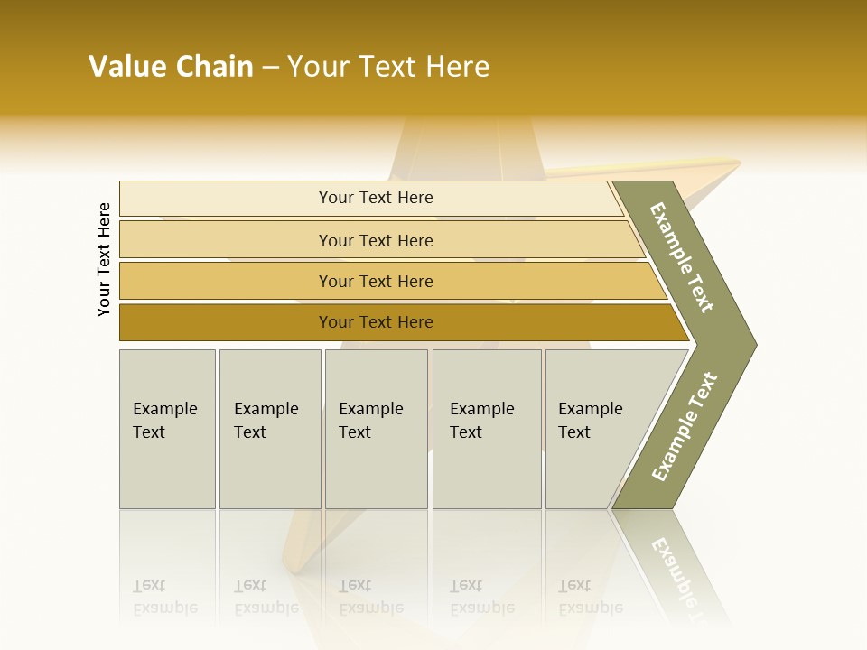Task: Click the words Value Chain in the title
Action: [171, 67]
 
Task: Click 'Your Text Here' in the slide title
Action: [388, 67]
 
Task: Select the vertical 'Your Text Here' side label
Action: [104, 259]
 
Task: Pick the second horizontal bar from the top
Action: [375, 240]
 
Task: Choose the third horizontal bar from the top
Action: [375, 281]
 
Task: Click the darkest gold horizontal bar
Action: [375, 322]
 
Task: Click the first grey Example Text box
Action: [167, 429]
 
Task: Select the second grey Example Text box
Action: [269, 429]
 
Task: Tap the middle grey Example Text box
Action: [376, 429]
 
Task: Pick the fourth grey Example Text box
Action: [486, 429]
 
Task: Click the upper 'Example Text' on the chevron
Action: [683, 257]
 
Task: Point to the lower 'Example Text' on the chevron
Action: [685, 426]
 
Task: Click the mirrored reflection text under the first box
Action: [164, 597]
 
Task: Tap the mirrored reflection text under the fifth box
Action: [590, 597]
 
